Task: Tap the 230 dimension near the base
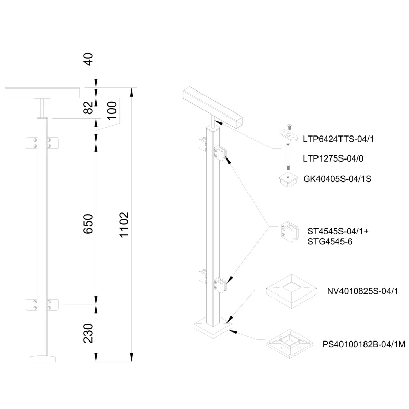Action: (x=88, y=333)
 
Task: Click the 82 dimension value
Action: (x=88, y=107)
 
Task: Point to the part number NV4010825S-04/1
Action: (x=362, y=291)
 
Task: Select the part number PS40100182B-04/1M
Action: (x=363, y=345)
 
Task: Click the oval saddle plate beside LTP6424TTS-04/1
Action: (x=289, y=134)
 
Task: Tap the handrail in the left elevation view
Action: (x=42, y=93)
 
